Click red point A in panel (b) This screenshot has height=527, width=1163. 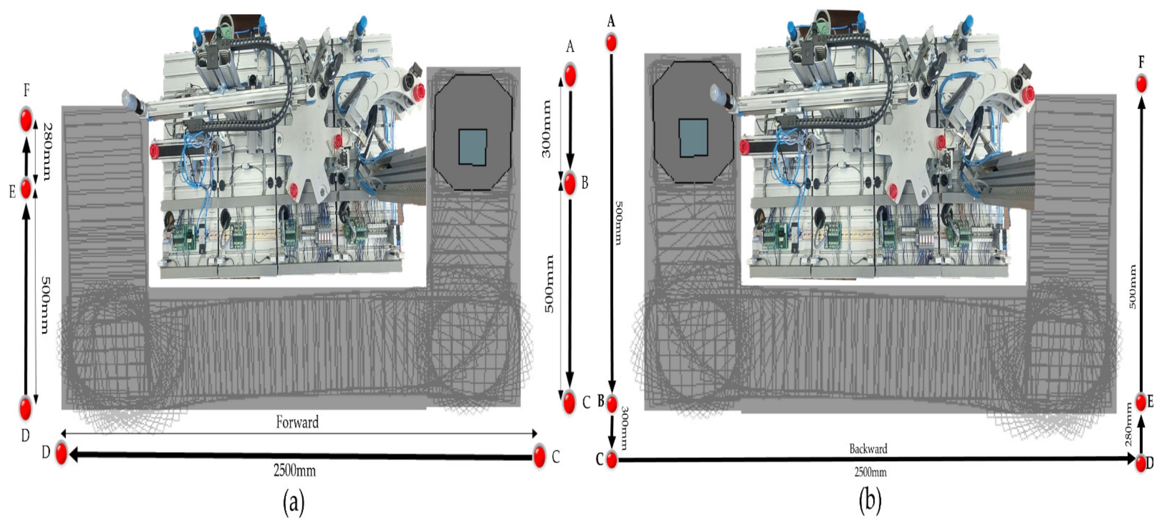click(x=611, y=42)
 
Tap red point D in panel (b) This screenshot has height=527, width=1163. click(x=1141, y=463)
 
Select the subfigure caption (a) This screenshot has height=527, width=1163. click(x=293, y=501)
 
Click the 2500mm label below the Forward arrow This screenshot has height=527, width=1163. click(x=294, y=471)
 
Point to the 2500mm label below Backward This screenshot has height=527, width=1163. click(x=870, y=472)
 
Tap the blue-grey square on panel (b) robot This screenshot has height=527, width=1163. click(x=694, y=138)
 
